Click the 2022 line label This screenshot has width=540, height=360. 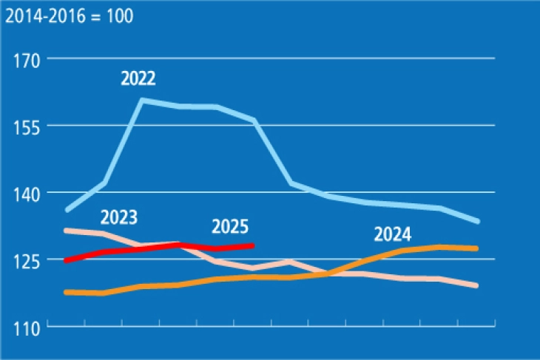tap(138, 79)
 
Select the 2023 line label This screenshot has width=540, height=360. tap(119, 217)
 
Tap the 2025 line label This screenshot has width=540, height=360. tap(230, 226)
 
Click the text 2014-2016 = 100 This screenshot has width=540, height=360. tap(69, 16)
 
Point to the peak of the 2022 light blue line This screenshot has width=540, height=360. tap(141, 99)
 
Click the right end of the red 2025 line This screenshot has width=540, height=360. tap(253, 245)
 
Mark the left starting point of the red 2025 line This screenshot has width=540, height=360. tap(67, 260)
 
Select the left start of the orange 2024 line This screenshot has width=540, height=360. tap(67, 292)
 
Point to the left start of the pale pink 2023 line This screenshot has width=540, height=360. tap(67, 231)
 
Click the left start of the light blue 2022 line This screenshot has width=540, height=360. tap(67, 210)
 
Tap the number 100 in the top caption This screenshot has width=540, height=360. tap(120, 16)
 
